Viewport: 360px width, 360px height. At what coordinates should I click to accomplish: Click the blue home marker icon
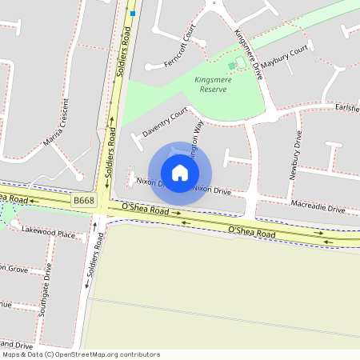pos(180,173)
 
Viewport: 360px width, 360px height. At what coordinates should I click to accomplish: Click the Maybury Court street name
pos(284,61)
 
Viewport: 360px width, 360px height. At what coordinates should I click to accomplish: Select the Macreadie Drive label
pos(318,207)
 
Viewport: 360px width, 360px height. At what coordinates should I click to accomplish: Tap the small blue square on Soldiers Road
pos(133,13)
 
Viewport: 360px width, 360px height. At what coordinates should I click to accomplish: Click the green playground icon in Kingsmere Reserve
pos(232,66)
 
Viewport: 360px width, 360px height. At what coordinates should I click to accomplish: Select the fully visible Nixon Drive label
pos(211,190)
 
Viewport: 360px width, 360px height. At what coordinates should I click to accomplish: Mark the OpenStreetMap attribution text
pos(80,354)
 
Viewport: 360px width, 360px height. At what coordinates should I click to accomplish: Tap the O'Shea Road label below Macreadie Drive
pos(251,232)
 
